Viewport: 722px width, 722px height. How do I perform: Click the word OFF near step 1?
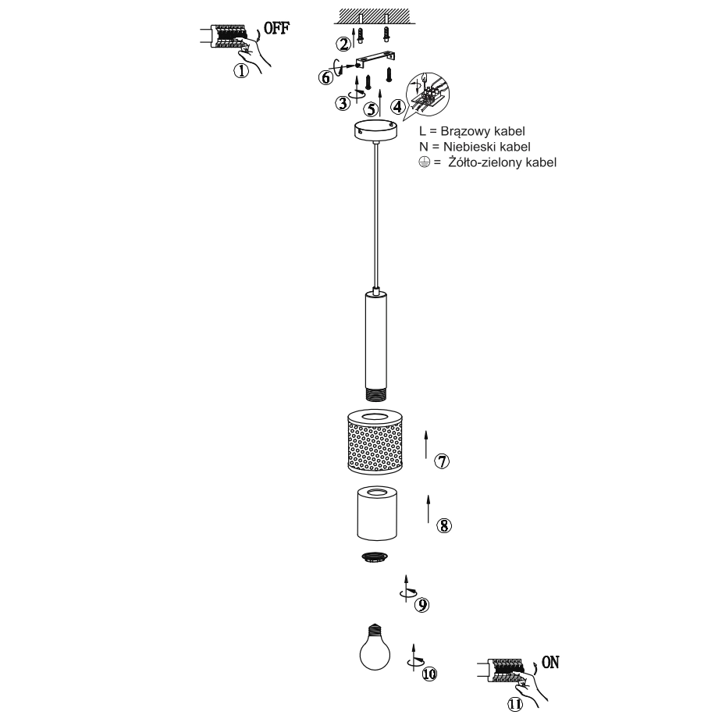point(277,28)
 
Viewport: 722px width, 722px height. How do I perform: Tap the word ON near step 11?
point(550,663)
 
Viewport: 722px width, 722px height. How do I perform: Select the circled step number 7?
point(442,461)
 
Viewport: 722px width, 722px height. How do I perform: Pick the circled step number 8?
point(444,525)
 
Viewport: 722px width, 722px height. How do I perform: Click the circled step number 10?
point(429,674)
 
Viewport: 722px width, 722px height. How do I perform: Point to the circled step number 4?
point(398,107)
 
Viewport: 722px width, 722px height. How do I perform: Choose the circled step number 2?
point(343,44)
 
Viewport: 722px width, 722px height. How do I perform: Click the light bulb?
point(375,647)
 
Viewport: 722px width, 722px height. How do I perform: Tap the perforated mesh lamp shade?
point(375,442)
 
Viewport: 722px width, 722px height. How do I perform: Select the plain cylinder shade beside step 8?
point(377,513)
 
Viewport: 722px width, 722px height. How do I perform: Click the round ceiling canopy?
point(375,130)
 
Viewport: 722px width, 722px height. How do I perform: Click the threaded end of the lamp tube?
point(376,395)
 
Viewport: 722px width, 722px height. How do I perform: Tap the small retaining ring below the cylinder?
point(375,557)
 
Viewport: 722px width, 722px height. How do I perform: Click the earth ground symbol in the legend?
point(425,162)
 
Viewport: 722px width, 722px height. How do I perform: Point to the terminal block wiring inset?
point(429,96)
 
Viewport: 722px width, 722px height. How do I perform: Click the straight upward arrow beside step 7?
point(426,444)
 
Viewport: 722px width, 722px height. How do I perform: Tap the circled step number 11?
point(516,704)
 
